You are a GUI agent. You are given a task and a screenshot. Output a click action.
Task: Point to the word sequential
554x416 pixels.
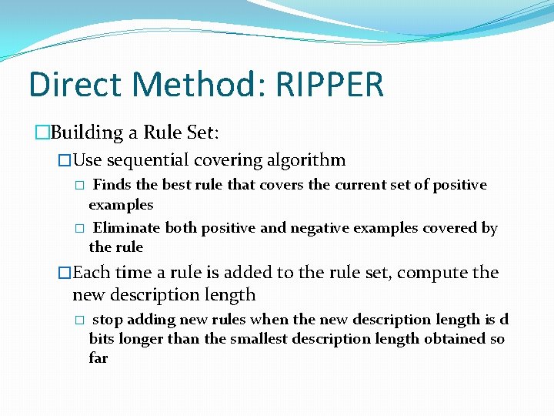click(x=148, y=160)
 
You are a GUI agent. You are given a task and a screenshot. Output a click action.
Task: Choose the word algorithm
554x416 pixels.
click(x=305, y=160)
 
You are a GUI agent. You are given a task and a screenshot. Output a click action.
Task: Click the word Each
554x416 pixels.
click(x=91, y=273)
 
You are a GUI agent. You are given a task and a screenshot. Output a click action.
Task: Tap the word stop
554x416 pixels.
click(x=108, y=320)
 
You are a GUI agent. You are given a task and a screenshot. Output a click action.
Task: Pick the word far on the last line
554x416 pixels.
click(x=98, y=358)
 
